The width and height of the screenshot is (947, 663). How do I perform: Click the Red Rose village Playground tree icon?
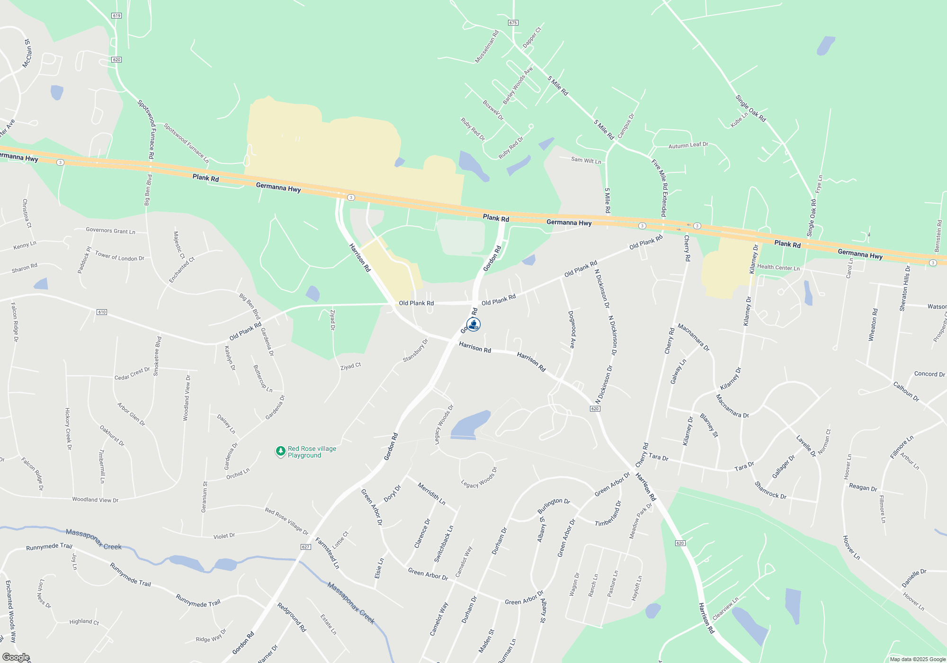(x=280, y=451)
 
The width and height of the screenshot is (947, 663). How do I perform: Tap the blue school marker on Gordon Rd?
(x=473, y=324)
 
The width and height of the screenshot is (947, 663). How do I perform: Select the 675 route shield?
(x=513, y=23)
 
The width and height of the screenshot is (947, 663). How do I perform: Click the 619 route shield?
(x=116, y=16)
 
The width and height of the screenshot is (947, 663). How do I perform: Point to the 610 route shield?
(x=102, y=312)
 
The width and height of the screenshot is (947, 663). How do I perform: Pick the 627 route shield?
(x=305, y=547)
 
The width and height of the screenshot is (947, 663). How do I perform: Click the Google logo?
(x=16, y=657)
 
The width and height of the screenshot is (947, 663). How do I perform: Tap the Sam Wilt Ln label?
(x=586, y=161)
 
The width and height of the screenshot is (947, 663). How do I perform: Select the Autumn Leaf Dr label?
(x=688, y=145)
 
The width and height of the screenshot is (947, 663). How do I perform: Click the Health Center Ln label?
(x=778, y=268)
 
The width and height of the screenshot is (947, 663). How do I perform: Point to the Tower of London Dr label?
(x=119, y=256)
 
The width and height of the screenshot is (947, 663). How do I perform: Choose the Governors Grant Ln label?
(x=110, y=231)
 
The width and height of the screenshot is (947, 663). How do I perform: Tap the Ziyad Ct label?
(x=350, y=366)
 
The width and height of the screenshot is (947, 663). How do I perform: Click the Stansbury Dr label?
(x=415, y=351)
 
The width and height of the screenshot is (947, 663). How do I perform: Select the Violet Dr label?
(x=224, y=536)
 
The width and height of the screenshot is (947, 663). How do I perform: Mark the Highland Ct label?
(x=84, y=621)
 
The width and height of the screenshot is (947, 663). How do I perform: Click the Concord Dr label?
(x=929, y=374)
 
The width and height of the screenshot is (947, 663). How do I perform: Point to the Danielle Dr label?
(x=913, y=578)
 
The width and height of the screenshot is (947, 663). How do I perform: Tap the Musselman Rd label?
(x=487, y=47)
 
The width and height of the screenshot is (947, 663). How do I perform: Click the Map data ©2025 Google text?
(x=918, y=659)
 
